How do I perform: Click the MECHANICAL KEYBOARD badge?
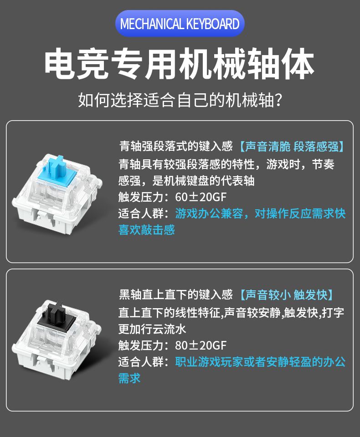(180, 24)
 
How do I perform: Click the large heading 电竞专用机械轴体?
(180, 64)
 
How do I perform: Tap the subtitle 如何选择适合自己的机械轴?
(180, 100)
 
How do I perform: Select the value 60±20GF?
(201, 197)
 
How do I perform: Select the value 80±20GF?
(201, 346)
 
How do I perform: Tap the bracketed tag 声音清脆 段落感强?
(292, 147)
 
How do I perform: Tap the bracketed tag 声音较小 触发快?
(287, 295)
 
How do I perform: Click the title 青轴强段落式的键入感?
(176, 146)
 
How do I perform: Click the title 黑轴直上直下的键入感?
(176, 295)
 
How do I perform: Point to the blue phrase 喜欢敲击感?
(147, 230)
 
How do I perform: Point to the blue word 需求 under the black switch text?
(129, 378)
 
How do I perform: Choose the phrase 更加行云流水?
(152, 329)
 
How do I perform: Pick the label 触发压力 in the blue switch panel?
(141, 197)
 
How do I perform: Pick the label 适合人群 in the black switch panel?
(141, 362)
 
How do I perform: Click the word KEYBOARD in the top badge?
(213, 24)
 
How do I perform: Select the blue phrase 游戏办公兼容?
(209, 214)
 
